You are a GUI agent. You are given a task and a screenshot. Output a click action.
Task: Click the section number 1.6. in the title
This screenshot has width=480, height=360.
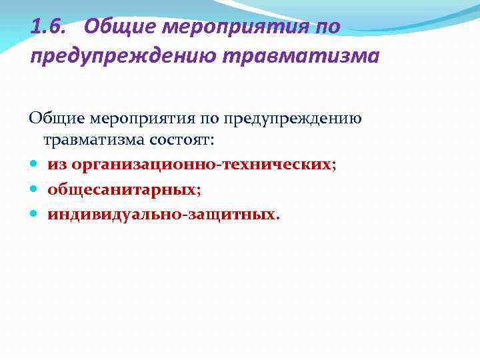click(49, 27)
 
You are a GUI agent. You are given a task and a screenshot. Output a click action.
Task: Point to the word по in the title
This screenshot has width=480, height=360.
click(329, 27)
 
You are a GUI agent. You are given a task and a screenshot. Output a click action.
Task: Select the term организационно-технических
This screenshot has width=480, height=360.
click(200, 165)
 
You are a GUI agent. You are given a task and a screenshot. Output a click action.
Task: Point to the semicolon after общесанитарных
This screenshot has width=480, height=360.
click(198, 191)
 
